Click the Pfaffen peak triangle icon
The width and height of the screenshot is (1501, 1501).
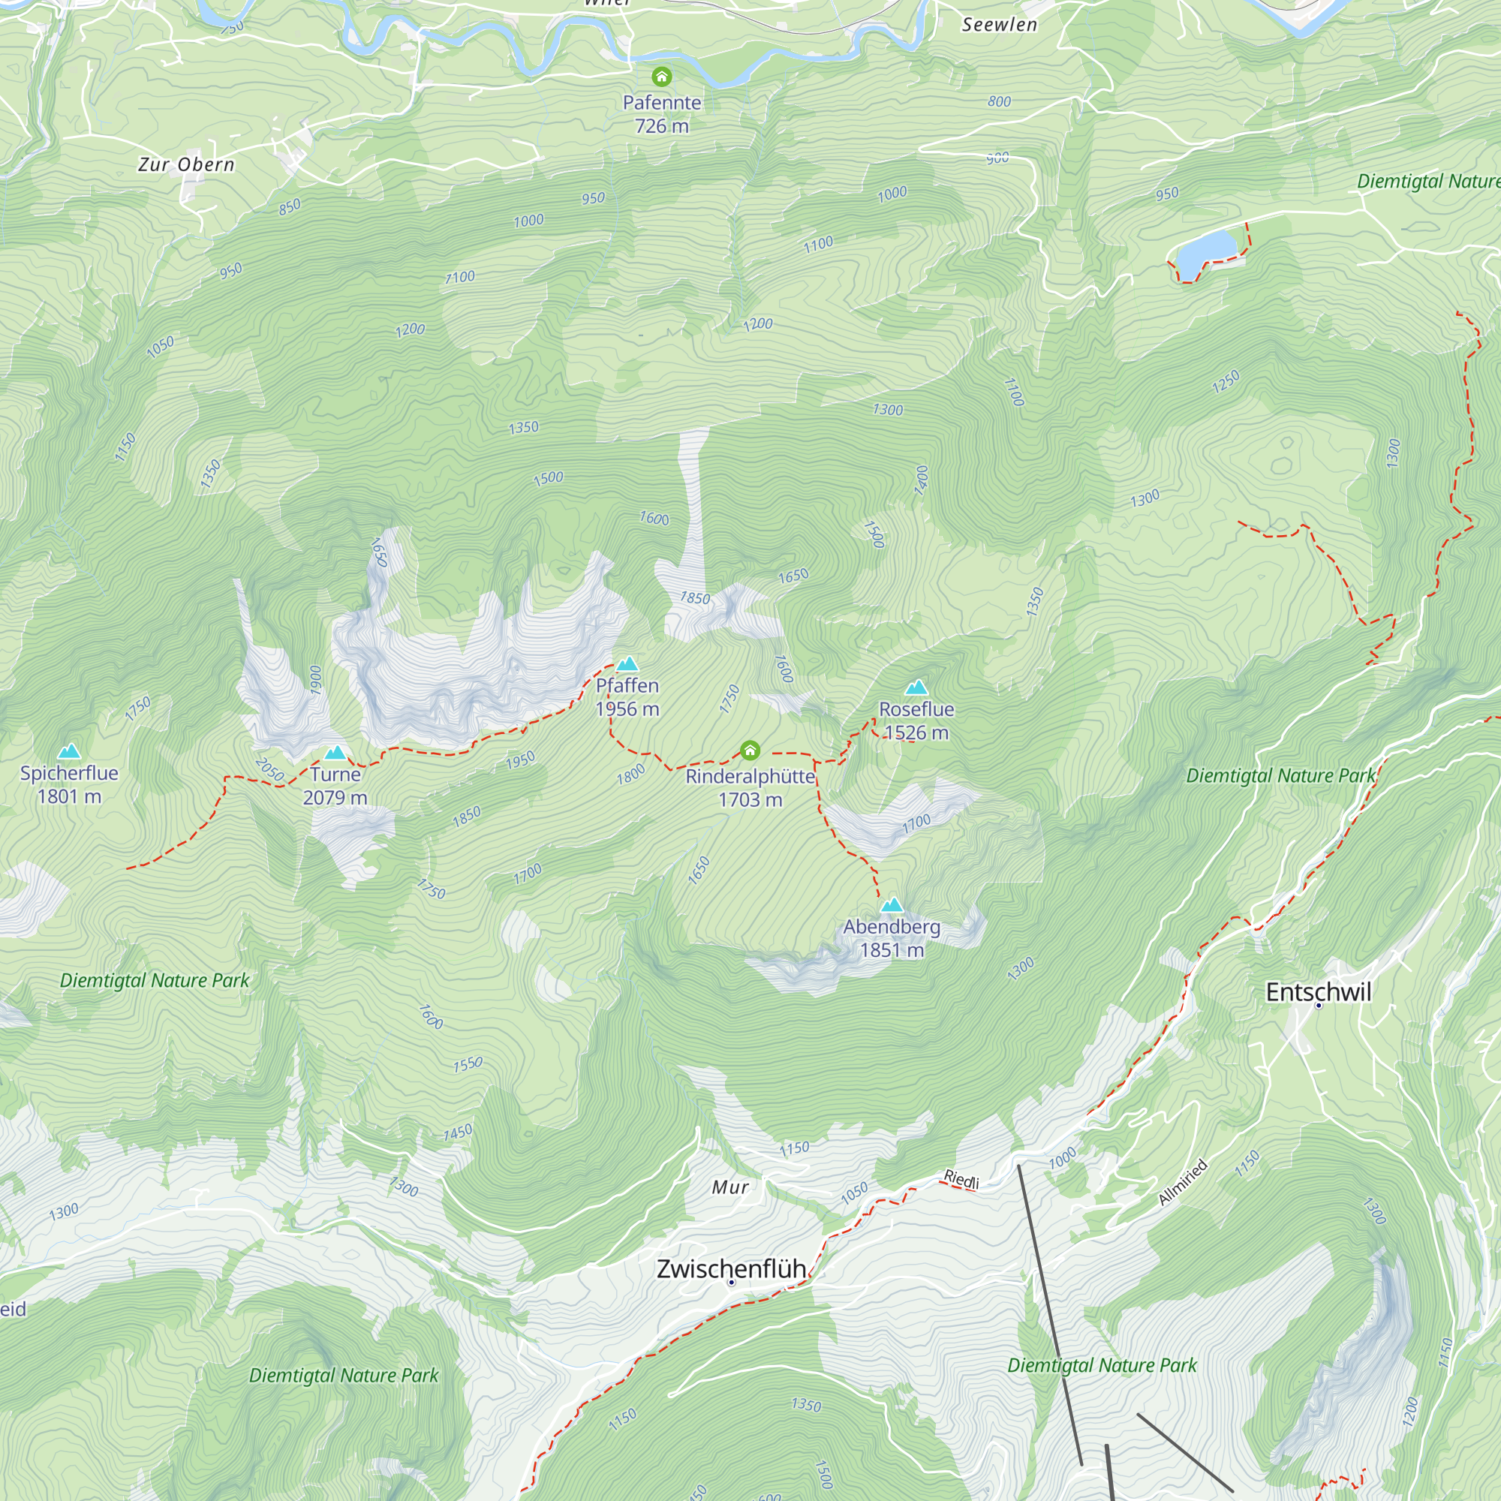(x=627, y=663)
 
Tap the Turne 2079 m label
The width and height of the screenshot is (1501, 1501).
(x=335, y=786)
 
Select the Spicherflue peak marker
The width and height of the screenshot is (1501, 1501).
(x=69, y=750)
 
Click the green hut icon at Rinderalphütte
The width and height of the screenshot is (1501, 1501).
(x=749, y=750)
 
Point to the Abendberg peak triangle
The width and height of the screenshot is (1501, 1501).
(x=891, y=904)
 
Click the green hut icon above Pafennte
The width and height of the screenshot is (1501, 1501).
(x=661, y=76)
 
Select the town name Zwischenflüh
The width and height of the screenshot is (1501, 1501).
(x=731, y=1268)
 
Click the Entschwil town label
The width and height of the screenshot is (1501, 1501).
(x=1318, y=992)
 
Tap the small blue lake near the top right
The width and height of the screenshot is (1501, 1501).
(x=1205, y=249)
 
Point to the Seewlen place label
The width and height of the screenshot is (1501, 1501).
(x=999, y=25)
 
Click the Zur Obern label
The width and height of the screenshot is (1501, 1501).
(x=185, y=164)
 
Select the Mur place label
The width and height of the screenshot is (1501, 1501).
(x=730, y=1187)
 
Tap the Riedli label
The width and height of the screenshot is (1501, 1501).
(x=961, y=1179)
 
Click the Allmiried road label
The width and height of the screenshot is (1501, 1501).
(x=1182, y=1182)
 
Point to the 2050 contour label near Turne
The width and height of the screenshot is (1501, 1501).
(x=269, y=769)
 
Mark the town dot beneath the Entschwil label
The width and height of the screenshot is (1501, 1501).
(x=1318, y=1006)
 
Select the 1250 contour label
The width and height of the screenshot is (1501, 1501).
(x=1226, y=381)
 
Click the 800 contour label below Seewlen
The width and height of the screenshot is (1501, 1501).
(x=999, y=102)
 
